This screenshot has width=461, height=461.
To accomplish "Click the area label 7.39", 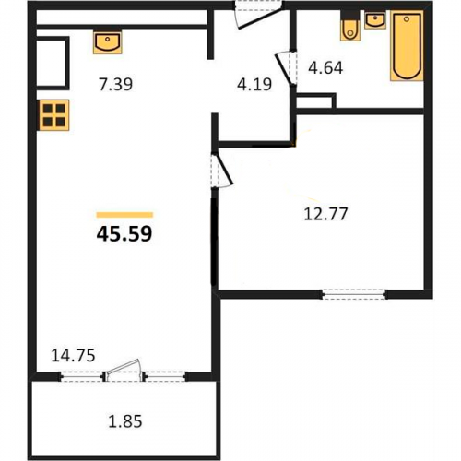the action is click(115, 84).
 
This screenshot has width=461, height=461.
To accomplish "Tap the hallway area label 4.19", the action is click(254, 84).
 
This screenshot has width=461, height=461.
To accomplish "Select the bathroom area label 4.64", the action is click(325, 68).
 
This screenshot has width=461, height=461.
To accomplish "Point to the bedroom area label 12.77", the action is click(325, 214).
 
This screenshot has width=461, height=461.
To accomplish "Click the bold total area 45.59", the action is click(124, 233).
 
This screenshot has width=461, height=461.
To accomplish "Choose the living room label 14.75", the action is click(73, 356).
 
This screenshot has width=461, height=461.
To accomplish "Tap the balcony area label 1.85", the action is click(125, 421).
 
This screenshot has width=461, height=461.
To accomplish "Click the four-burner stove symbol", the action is click(53, 115).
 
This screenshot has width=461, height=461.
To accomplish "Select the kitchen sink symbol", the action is click(108, 41).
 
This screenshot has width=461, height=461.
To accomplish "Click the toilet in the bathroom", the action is click(350, 27).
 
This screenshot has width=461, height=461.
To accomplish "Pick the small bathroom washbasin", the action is click(375, 20).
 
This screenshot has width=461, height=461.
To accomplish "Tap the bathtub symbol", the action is click(407, 46).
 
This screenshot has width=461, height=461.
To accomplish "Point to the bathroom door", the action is click(287, 68).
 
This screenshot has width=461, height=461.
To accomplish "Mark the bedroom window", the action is click(354, 294).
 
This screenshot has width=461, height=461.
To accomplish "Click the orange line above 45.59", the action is click(124, 215).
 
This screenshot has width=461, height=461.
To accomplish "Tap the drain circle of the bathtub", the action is click(407, 19).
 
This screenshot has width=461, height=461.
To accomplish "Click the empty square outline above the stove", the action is click(52, 63).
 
